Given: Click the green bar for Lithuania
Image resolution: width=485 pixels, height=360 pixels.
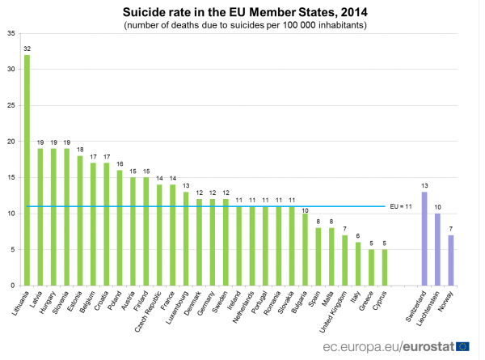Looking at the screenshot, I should click(27, 170).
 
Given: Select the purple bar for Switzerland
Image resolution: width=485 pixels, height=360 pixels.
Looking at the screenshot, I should click(424, 239).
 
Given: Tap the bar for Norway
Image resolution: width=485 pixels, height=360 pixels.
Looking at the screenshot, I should click(451, 260).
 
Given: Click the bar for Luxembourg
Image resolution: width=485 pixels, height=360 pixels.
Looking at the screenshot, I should click(186, 239).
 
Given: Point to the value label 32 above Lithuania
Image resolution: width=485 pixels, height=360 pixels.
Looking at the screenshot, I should click(27, 49).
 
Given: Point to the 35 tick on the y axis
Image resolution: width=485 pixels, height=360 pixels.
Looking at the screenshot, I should click(10, 33).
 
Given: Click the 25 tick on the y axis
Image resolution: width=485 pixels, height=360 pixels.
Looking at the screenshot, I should click(10, 105).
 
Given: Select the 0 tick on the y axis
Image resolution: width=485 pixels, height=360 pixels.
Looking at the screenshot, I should click(12, 286).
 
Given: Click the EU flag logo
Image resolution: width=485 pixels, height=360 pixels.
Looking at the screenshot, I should click(463, 346).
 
